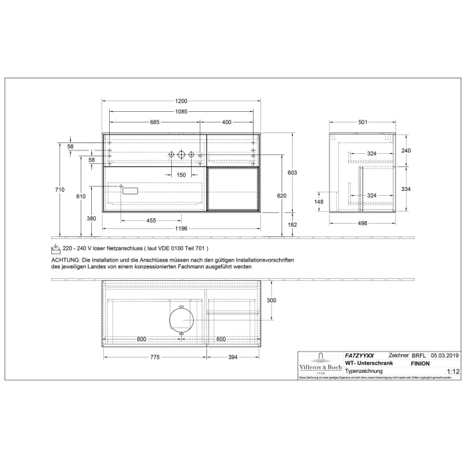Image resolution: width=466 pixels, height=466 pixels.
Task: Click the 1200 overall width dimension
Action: click(x=181, y=101)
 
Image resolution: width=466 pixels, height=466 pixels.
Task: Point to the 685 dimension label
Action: click(x=154, y=122)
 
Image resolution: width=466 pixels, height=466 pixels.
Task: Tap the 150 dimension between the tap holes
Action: click(x=181, y=174)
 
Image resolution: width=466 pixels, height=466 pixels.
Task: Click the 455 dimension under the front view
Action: click(x=151, y=220)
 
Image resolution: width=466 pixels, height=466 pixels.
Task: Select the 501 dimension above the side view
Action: click(x=363, y=122)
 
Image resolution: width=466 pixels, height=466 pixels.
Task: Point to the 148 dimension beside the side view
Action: click(x=318, y=202)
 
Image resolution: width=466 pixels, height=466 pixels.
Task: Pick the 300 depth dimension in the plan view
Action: click(x=271, y=301)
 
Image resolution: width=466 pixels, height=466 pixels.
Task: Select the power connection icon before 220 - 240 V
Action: click(x=56, y=248)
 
